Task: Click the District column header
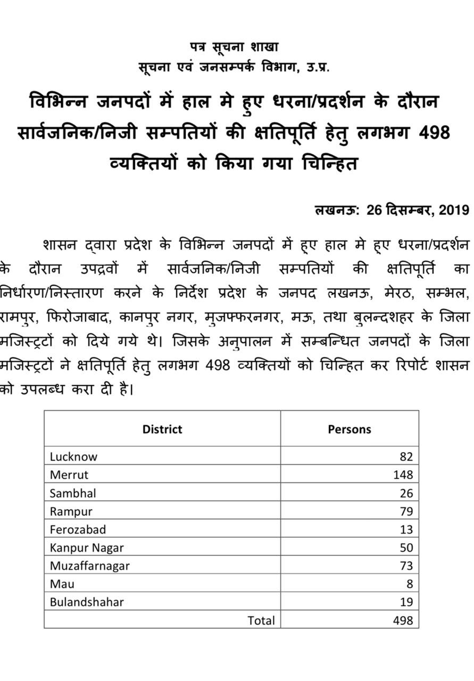tap(162, 429)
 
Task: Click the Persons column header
tap(350, 429)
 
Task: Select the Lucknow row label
tap(73, 456)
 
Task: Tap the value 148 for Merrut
tap(403, 475)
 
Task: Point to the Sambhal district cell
tap(73, 493)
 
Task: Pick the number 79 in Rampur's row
tap(406, 511)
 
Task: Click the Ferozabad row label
tap(78, 529)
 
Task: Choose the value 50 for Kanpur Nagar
tap(406, 547)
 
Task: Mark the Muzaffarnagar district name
tap(89, 566)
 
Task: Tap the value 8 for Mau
tap(410, 584)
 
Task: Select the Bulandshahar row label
tap(87, 602)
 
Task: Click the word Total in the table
tap(261, 620)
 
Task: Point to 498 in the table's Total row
tap(403, 620)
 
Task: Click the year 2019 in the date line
tap(454, 210)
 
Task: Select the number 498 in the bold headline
tap(434, 132)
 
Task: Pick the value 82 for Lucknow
tap(406, 456)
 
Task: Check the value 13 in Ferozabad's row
tap(406, 529)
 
